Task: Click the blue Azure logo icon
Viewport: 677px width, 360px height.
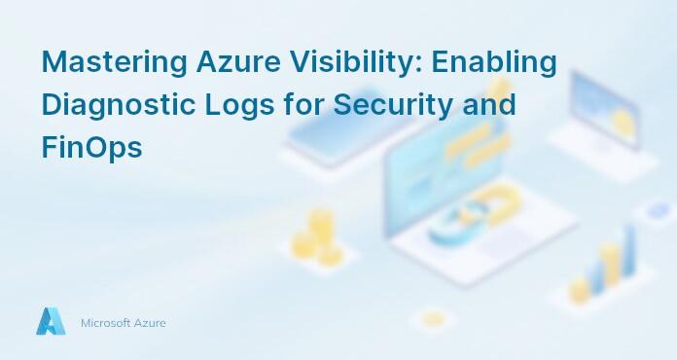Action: click(51, 321)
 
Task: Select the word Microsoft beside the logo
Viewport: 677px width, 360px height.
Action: click(107, 322)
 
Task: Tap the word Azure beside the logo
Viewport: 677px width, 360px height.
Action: click(151, 322)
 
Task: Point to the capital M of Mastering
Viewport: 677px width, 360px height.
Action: click(53, 62)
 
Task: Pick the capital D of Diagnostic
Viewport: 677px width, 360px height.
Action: click(51, 105)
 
